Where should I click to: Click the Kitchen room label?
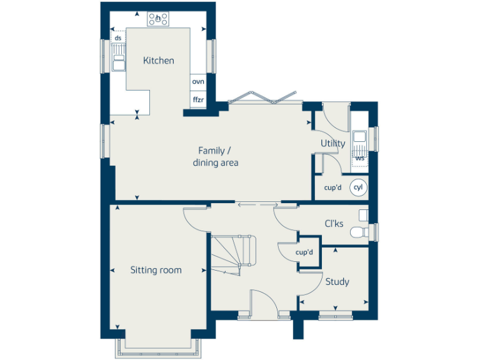pyautogui.click(x=158, y=61)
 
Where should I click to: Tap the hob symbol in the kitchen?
pyautogui.click(x=158, y=19)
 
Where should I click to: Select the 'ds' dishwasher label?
pyautogui.click(x=117, y=38)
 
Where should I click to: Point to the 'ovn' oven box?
pyautogui.click(x=198, y=82)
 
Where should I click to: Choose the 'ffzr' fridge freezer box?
pyautogui.click(x=198, y=99)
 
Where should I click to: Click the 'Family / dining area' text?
pyautogui.click(x=215, y=156)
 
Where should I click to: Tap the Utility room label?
pyautogui.click(x=332, y=143)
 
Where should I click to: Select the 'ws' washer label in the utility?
pyautogui.click(x=359, y=158)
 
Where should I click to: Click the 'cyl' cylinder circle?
pyautogui.click(x=358, y=187)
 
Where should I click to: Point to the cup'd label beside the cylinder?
pyautogui.click(x=333, y=187)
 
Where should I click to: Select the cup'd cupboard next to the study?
pyautogui.click(x=304, y=252)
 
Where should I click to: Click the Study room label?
pyautogui.click(x=337, y=282)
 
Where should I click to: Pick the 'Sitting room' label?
pyautogui.click(x=156, y=270)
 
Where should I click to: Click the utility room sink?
pyautogui.click(x=359, y=138)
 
